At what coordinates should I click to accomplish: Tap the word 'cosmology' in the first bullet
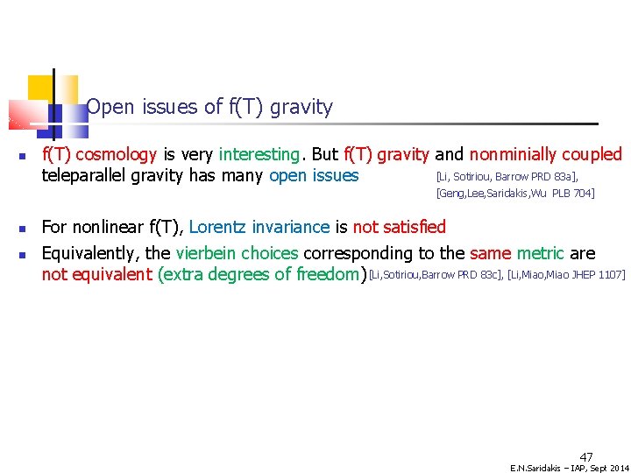118,155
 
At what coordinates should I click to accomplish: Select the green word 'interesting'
259,155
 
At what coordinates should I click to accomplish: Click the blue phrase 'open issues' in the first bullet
314,176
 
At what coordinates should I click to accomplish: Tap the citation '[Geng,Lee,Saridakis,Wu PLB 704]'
514,194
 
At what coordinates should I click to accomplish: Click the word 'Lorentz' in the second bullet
217,228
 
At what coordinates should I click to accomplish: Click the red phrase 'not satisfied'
400,228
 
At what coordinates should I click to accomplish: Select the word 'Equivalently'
93,254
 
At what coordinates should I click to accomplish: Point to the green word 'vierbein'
206,254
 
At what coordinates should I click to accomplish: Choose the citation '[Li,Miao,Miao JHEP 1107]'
566,276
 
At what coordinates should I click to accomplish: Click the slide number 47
586,456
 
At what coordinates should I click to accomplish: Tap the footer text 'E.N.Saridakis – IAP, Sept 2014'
570,468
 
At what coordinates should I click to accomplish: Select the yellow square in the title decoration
40,88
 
